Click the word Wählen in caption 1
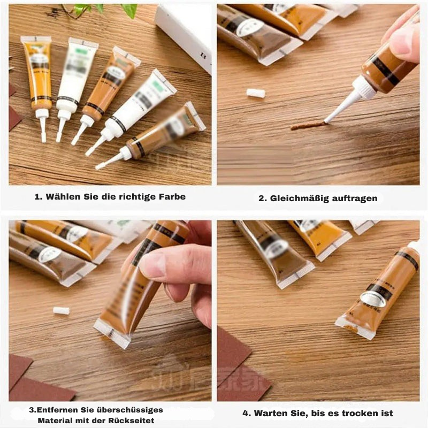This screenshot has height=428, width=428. coord(63,196)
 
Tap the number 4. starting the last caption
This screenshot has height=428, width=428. coord(247,413)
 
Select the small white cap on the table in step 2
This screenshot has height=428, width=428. coord(256,93)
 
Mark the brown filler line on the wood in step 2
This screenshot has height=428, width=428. coord(308,125)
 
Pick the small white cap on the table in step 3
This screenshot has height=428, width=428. coord(61,311)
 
